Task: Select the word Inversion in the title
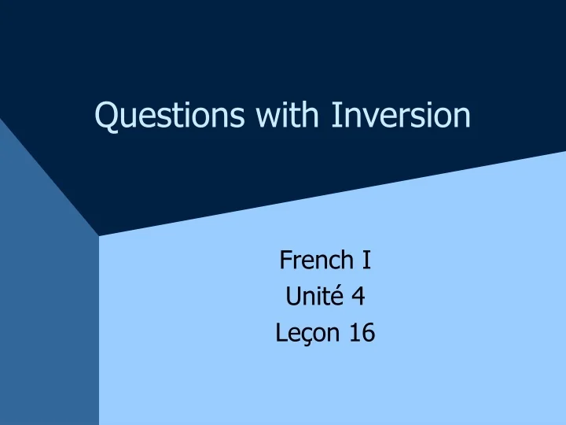click(401, 115)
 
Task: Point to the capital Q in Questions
click(106, 116)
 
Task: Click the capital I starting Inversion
click(334, 115)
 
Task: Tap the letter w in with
click(265, 117)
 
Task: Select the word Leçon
click(302, 334)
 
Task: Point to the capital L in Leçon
click(281, 334)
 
